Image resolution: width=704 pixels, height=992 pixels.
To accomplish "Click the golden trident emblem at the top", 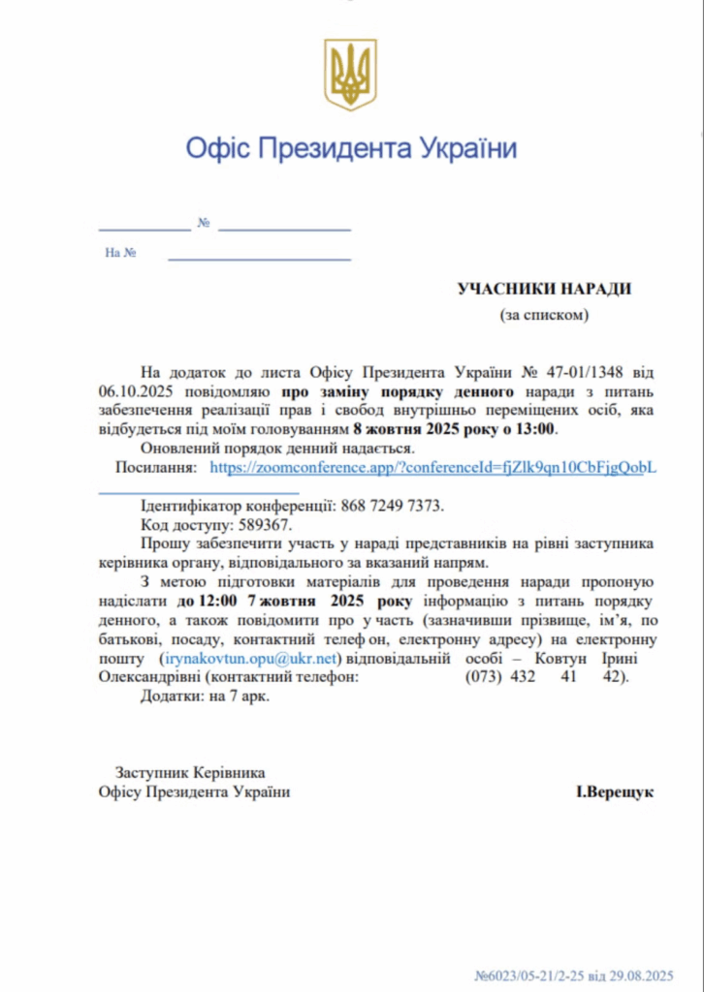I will pos(350,75).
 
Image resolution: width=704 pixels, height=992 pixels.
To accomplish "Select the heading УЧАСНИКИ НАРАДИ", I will pos(544,289).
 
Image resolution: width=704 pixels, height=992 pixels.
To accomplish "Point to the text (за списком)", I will pos(544,314).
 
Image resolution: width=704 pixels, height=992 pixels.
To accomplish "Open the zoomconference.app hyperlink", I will pos(433,467).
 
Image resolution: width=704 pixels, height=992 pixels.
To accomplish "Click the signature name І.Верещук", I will pos(615,791).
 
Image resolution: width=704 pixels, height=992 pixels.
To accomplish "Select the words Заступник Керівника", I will pos(190,772).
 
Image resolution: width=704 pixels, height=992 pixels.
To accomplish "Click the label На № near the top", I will pos(120,253).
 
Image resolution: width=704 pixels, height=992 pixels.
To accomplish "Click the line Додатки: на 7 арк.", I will pos(206,696).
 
